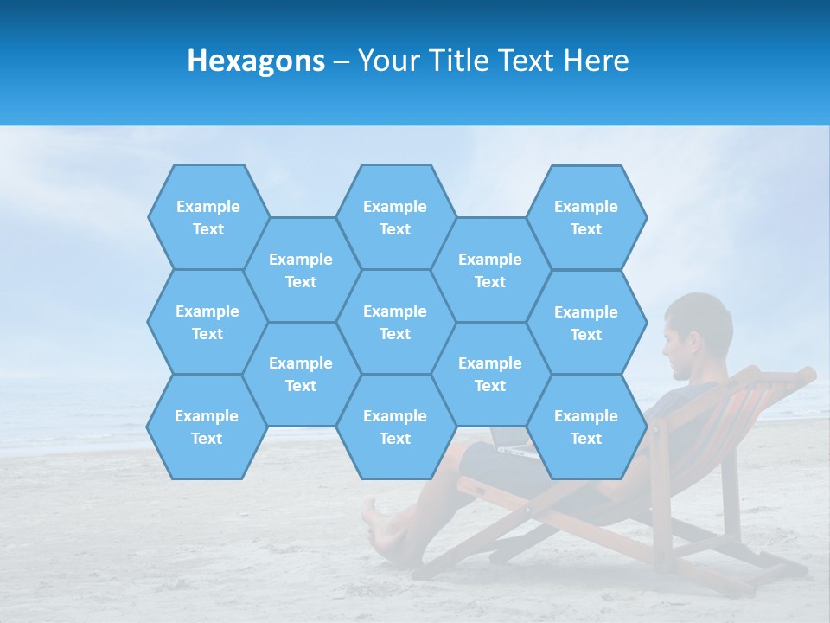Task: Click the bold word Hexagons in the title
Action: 256,61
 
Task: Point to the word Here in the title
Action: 596,61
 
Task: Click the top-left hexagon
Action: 208,217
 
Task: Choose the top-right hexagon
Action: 586,217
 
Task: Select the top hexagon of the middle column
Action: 395,217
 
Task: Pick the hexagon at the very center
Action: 395,322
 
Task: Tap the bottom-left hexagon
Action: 207,427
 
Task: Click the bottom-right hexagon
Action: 586,427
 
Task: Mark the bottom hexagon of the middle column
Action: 395,427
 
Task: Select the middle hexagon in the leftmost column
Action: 207,322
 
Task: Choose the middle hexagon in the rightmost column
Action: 586,323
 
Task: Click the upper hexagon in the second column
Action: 301,270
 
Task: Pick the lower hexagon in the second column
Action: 301,374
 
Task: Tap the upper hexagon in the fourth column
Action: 490,270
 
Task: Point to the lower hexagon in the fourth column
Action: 490,374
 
